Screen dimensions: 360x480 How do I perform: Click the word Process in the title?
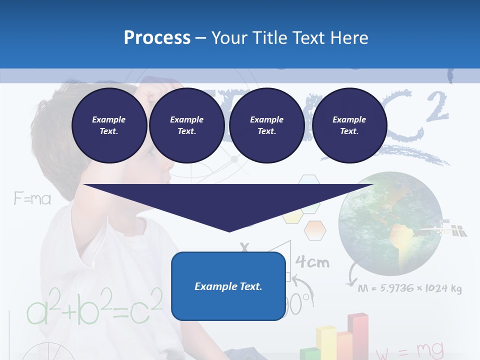point(157,38)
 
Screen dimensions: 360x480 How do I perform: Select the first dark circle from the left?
point(109,125)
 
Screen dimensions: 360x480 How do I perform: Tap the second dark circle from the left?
point(186,125)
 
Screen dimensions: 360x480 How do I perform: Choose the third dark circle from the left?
point(266,125)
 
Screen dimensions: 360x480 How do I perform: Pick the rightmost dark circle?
point(349,125)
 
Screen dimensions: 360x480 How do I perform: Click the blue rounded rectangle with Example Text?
point(228,286)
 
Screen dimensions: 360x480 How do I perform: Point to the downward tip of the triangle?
point(229,230)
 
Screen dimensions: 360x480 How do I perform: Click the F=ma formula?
point(32,199)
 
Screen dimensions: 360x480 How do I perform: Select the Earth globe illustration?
point(390,223)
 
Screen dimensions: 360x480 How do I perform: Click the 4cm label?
point(312,262)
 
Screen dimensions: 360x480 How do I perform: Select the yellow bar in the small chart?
point(325,342)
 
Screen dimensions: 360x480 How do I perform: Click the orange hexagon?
point(315,230)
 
